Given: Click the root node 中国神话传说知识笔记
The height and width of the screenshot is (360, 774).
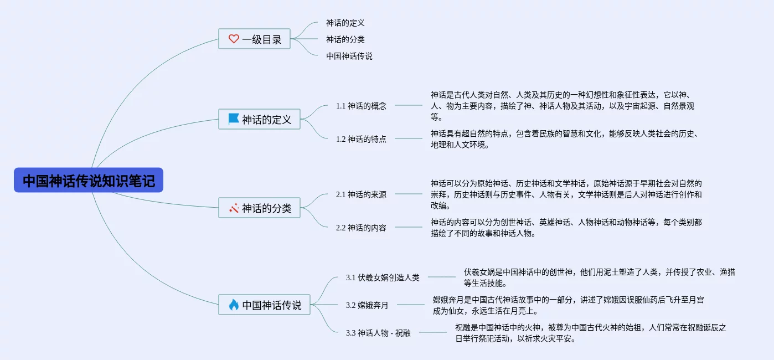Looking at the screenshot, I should coord(89,181).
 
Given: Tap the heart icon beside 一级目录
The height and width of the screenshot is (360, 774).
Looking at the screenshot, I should coord(234,39).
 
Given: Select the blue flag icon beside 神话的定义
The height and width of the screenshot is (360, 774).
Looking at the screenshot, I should coord(234,119).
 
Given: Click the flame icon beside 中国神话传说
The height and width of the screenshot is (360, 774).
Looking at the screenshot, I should coord(234,305).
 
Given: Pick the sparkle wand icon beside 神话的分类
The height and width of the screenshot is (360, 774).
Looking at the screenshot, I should coord(234,208).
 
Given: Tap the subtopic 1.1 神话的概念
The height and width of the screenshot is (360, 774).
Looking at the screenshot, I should coord(361,106).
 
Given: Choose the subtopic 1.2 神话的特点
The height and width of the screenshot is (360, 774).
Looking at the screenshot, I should coord(361,139).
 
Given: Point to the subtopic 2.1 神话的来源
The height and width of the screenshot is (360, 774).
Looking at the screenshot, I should coord(361,194).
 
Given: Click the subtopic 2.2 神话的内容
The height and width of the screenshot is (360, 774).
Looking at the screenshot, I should coord(361,228).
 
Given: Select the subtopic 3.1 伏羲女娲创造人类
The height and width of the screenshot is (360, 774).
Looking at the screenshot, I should coord(383,277).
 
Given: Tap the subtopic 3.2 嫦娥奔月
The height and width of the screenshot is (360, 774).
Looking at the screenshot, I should coord(367,305).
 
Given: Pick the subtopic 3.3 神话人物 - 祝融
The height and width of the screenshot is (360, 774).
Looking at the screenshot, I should coord(378,333).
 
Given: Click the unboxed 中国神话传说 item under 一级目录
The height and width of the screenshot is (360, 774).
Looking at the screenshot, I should coord(349,56).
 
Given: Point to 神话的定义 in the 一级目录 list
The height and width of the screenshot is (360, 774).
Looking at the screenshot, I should coord(345,23).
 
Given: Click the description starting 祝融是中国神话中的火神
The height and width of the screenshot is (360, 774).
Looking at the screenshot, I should coord(590,333).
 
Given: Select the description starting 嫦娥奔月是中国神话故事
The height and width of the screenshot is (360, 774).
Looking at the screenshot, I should coord(568,305).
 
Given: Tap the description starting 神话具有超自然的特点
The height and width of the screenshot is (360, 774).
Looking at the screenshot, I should coord(564,139).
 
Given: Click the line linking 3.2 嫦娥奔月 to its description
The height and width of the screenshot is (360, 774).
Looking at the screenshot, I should coord(411,305).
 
